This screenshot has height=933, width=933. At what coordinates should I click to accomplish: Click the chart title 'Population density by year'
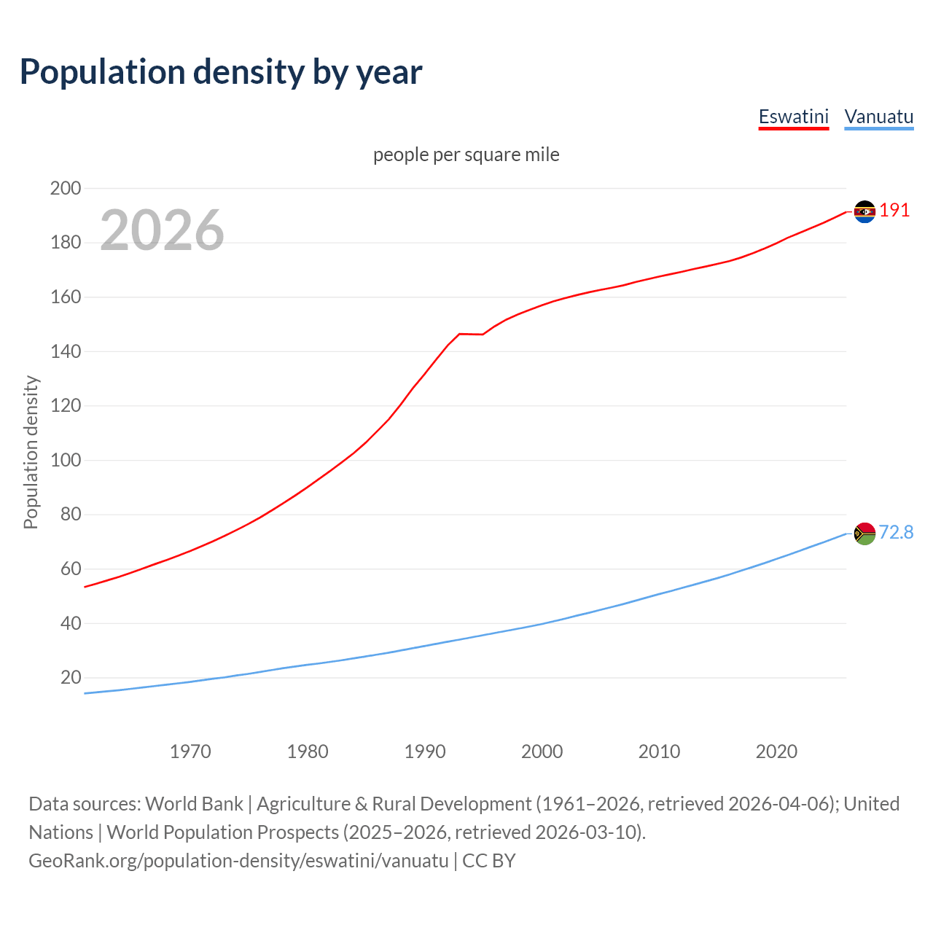coord(221,72)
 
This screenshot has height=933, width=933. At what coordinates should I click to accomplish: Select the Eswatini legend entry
coord(794,117)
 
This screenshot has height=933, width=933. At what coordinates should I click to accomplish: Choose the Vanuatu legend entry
coord(878,117)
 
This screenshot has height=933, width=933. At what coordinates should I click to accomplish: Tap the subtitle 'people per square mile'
coord(466,155)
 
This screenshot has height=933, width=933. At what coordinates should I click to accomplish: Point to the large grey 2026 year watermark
coord(162,230)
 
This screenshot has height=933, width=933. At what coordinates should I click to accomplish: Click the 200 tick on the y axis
coord(66,188)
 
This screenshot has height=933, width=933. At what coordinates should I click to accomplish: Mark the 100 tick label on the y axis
coord(66,460)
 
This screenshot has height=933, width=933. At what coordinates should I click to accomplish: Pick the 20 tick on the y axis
coord(71,677)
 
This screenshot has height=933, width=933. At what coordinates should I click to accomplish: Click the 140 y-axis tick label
coord(66,351)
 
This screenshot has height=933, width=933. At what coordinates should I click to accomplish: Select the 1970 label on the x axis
coord(190,752)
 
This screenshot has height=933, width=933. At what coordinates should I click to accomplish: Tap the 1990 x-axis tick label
coord(425,752)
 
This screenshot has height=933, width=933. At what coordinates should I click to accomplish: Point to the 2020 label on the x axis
coord(776,752)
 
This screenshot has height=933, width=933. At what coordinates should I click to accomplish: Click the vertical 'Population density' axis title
coord(31,452)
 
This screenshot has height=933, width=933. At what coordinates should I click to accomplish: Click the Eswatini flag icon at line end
coord(864,211)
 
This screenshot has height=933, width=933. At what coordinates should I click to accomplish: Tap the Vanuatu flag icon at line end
coord(864,534)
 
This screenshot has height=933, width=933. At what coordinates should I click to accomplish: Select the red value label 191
coord(894,211)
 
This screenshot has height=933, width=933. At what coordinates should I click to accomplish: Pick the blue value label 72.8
coord(896,533)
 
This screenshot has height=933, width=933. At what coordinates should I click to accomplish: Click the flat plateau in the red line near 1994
coord(471,334)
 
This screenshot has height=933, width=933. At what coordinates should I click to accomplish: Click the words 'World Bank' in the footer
coord(194,804)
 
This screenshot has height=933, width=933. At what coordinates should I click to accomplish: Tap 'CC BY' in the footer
coord(489,861)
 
